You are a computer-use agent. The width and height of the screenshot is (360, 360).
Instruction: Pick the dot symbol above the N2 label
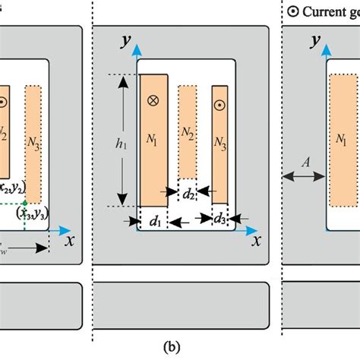(4, 102)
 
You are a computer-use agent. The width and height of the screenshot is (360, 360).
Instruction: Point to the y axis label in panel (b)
(118, 39)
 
